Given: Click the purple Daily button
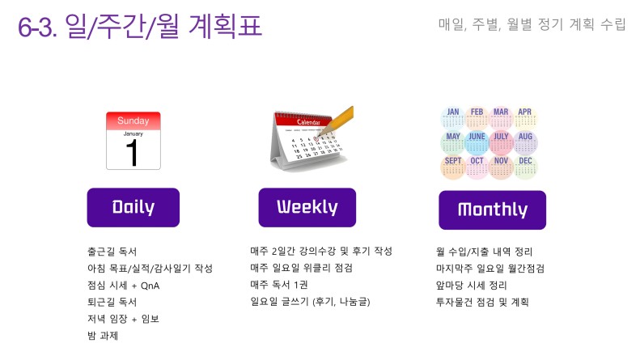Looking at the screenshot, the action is (x=133, y=207).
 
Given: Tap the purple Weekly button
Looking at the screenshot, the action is (x=307, y=207).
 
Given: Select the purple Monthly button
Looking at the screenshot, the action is (x=492, y=210).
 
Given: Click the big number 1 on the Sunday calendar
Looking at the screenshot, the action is (x=132, y=153).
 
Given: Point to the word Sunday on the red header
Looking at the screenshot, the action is (x=133, y=121).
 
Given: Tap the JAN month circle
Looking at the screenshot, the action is (x=452, y=118).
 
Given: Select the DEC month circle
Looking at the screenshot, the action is (x=525, y=167).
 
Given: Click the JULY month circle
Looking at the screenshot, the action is (x=501, y=142).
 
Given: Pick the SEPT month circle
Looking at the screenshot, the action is (x=452, y=167).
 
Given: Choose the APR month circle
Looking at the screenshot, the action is (x=525, y=118).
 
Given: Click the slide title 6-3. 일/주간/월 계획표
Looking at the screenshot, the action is (x=140, y=26).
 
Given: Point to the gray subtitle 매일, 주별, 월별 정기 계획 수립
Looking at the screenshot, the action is (x=532, y=24).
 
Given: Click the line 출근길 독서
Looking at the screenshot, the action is (x=112, y=252).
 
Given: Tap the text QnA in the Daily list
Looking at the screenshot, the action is (x=150, y=286).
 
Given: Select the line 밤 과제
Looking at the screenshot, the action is (x=103, y=336).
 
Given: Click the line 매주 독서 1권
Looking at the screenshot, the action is (x=279, y=285).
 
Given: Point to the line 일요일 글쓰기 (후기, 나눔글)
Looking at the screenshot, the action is (x=310, y=302).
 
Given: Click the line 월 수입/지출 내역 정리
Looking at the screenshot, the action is (x=484, y=252).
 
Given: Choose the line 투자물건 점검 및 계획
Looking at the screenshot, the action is (x=482, y=302).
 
